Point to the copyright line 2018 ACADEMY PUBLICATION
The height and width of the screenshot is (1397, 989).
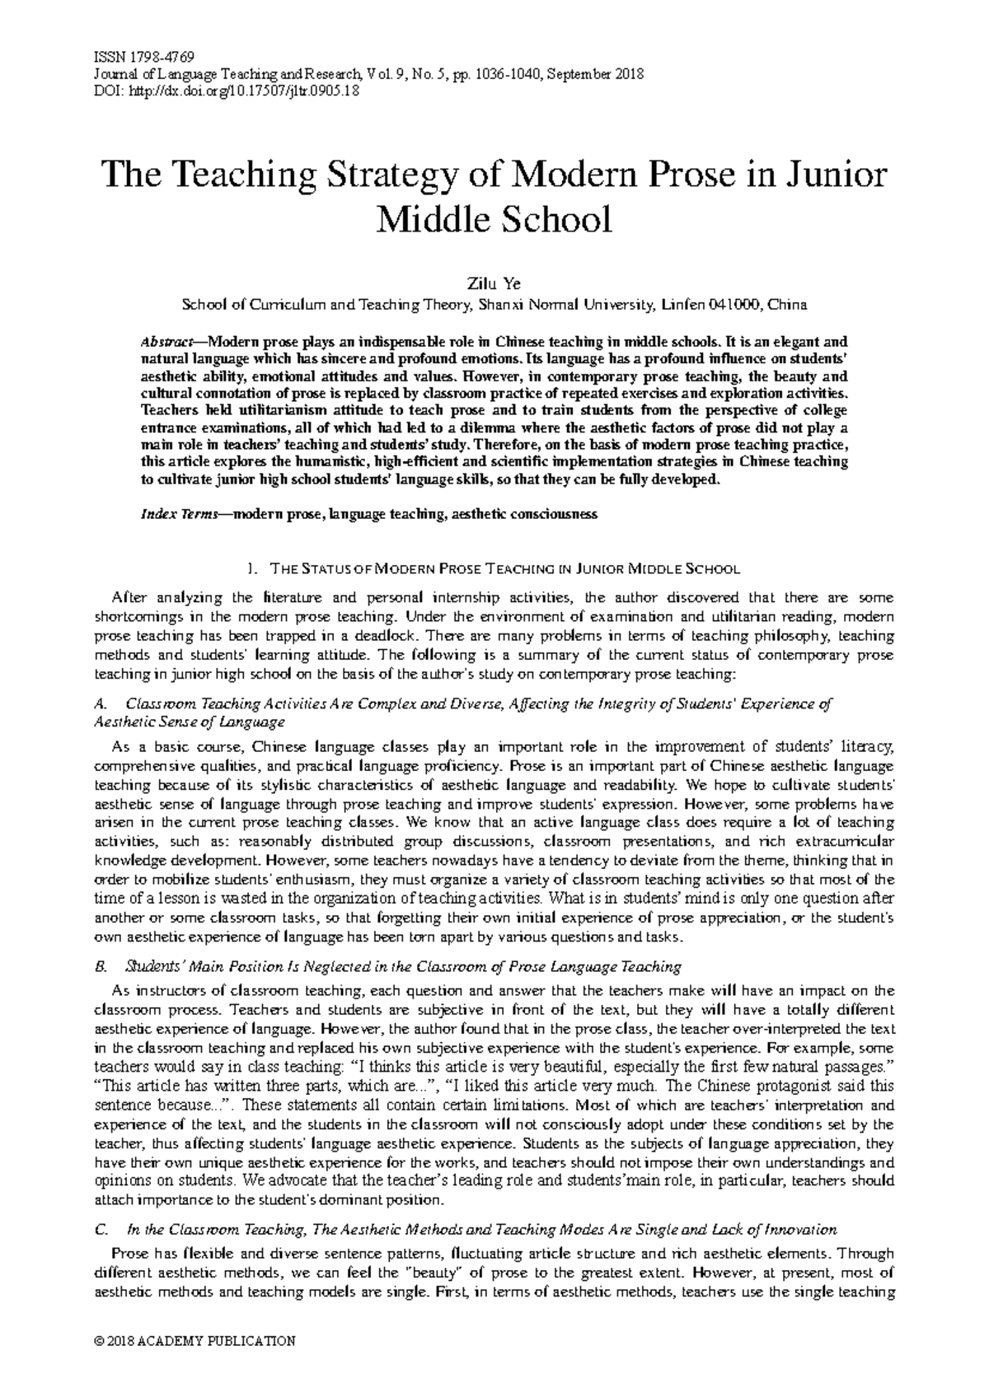195,1341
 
